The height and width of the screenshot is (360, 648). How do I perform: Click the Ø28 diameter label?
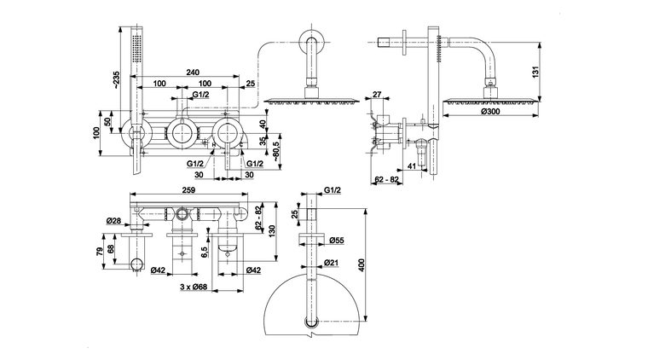(x=113, y=221)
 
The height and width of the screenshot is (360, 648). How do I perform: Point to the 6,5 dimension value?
(x=205, y=252)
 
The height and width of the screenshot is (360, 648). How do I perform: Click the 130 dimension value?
(x=272, y=230)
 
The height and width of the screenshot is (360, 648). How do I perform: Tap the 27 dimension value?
(x=378, y=96)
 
